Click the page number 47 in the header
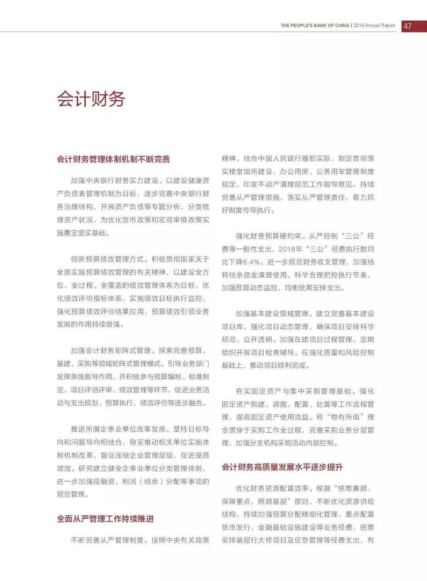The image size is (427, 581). coord(408,26)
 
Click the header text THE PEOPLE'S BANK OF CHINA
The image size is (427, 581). coord(315,25)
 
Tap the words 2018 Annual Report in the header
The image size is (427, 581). coord(374,25)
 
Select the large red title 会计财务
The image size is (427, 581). coord(91,99)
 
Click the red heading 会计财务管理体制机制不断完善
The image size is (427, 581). coord(113,159)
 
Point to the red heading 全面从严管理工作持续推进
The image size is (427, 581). coord(105,519)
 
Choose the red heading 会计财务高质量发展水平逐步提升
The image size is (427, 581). coord(282,467)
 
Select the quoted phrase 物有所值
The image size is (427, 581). coord(345,417)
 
